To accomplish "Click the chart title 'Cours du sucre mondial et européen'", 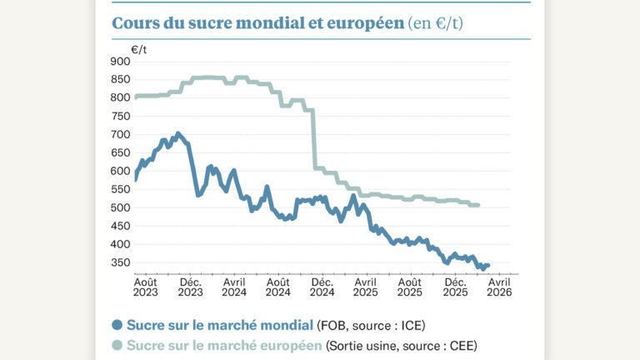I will (257, 23).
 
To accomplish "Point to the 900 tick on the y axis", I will (120, 61).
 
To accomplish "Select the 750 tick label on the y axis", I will (120, 116).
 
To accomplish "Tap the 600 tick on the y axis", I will (120, 171).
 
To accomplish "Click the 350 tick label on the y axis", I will (120, 262).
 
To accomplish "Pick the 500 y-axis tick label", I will (120, 207).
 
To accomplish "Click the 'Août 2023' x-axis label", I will (146, 287).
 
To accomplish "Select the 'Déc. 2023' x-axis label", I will (190, 287).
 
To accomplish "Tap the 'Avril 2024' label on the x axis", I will (234, 287).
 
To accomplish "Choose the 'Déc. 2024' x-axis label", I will (322, 287).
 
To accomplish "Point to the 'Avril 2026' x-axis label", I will (498, 287).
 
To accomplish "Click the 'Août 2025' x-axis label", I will (410, 287).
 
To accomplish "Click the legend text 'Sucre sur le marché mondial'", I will (219, 325).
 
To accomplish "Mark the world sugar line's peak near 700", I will (177, 133).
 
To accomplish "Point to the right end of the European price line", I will (477, 205).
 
